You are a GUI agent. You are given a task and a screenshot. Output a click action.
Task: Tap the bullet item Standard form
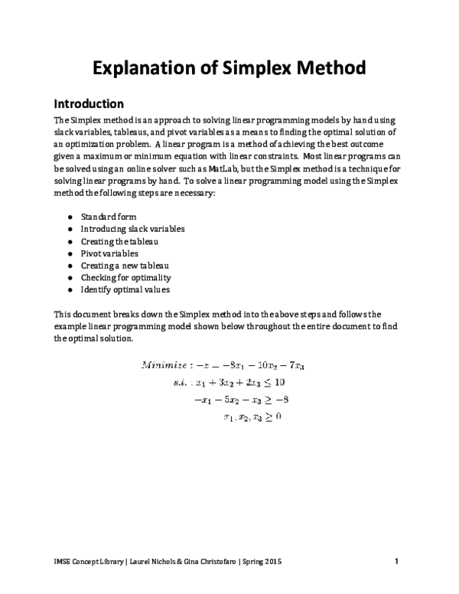(x=108, y=217)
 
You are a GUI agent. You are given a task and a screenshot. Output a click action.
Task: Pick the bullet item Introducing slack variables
(x=132, y=229)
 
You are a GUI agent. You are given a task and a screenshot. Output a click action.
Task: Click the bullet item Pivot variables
(x=109, y=253)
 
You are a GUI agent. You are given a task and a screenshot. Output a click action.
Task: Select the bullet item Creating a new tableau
(x=123, y=265)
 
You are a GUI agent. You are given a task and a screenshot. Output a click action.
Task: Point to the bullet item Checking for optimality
(x=125, y=277)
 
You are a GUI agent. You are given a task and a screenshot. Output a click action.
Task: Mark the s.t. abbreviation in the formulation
(x=183, y=381)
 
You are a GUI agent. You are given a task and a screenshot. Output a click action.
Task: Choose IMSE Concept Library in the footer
(x=87, y=563)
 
